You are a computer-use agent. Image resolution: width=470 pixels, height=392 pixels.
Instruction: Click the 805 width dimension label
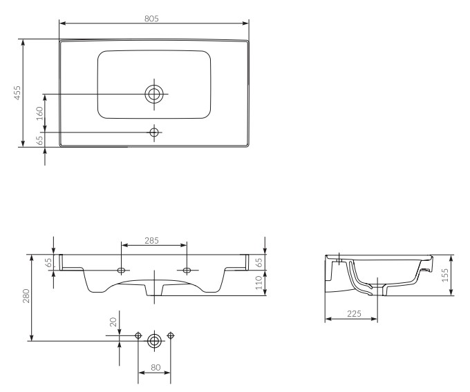[151, 19]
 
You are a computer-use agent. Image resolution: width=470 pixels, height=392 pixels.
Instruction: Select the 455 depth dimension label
[17, 92]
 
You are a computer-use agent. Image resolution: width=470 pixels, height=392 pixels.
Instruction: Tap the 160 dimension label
[39, 113]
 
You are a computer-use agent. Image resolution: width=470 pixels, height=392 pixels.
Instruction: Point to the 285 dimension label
[151, 241]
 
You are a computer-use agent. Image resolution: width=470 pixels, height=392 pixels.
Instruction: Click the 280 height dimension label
[26, 296]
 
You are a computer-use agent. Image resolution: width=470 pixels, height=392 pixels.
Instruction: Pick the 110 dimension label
[258, 283]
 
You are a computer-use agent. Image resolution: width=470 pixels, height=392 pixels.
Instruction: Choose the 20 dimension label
[113, 322]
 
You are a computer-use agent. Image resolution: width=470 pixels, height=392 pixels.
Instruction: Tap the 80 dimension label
[156, 367]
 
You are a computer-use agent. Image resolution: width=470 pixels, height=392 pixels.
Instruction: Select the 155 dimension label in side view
[445, 275]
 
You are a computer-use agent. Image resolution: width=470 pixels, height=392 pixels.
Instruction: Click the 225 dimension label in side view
[354, 313]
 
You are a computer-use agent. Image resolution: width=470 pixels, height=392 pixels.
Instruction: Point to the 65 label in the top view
[39, 140]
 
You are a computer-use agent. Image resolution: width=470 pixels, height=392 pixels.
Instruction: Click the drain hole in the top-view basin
[154, 94]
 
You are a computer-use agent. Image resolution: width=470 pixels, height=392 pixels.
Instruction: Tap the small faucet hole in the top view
[154, 132]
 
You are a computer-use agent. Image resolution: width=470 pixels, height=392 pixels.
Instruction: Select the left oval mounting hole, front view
[122, 271]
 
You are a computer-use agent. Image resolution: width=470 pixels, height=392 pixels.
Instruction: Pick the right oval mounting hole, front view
[187, 271]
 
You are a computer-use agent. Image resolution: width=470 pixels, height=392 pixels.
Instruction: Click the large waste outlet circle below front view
[154, 341]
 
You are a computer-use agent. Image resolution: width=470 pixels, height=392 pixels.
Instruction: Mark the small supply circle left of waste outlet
[138, 335]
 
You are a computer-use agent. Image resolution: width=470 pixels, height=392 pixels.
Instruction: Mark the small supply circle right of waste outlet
[171, 335]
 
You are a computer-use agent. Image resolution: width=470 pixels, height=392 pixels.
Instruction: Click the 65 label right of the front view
[258, 262]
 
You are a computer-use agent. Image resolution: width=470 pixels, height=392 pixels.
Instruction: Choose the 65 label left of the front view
[48, 262]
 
